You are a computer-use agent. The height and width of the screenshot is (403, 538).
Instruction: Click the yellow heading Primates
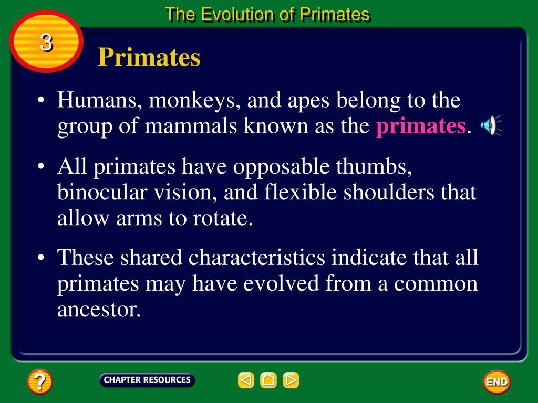tap(149, 57)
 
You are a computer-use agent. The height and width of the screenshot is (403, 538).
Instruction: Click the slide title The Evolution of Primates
tap(267, 14)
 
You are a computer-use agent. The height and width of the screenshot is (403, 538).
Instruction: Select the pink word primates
tap(421, 126)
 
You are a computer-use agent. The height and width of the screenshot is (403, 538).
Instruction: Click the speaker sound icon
tap(490, 125)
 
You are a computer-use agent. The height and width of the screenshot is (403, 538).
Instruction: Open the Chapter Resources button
tap(147, 380)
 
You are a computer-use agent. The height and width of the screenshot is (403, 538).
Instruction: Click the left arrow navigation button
tap(246, 380)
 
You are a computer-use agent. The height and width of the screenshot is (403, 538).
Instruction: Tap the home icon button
tap(268, 380)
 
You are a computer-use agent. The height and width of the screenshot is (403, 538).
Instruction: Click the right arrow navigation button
tap(291, 380)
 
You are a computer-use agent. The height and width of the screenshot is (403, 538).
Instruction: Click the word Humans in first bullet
tap(98, 100)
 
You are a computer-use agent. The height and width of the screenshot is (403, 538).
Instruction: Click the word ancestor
tap(99, 310)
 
